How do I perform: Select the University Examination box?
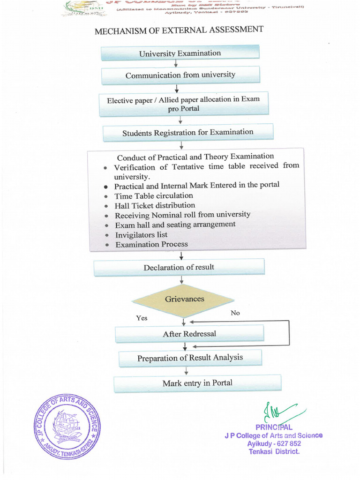pos(180,53)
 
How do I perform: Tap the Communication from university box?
pos(180,75)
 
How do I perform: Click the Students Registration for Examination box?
pos(187,133)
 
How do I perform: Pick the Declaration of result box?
pos(179,267)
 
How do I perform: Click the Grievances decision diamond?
pos(184,299)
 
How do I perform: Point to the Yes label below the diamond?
pos(142,318)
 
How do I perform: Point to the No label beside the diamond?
pos(235,313)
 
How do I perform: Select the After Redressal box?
pos(189,334)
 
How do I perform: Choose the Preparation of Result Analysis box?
pos(190,358)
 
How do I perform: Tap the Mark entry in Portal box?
pos(197,383)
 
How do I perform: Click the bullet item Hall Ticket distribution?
pos(155,205)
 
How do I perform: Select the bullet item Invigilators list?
pos(141,234)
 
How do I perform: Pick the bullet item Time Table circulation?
pos(154,195)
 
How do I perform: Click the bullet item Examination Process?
pos(151,244)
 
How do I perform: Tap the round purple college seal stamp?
pos(67,426)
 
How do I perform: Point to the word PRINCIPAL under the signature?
pos(274,427)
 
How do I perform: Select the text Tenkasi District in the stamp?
pos(274,452)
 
